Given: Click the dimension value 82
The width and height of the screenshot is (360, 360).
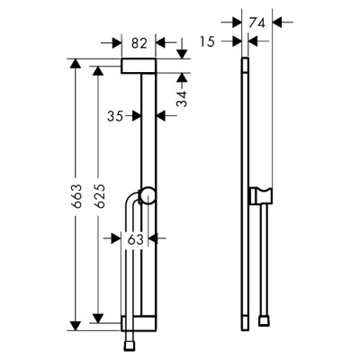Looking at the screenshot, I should (x=139, y=41).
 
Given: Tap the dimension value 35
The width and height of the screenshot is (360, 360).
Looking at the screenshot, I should (x=114, y=115).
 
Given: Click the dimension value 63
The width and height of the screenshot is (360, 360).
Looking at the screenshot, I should (x=137, y=239).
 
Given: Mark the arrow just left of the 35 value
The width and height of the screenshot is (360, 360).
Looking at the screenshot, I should (x=135, y=115).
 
